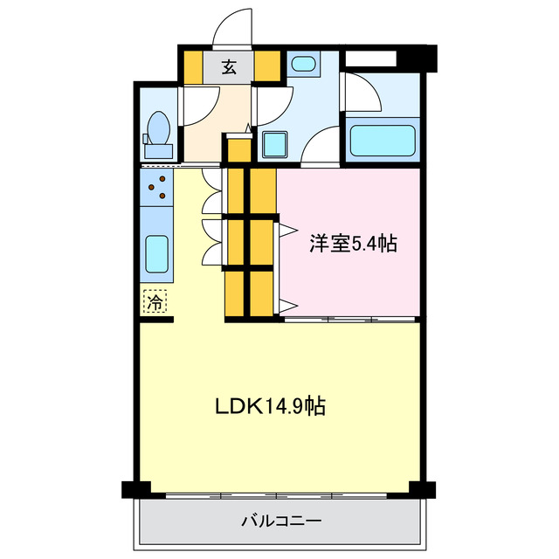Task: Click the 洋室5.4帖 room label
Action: (353, 244)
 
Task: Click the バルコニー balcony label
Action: (281, 521)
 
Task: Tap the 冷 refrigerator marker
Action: (155, 303)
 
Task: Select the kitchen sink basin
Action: (157, 254)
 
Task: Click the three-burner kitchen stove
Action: (157, 185)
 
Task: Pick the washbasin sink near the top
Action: (303, 64)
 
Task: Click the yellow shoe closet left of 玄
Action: (191, 67)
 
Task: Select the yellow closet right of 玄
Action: (267, 67)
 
